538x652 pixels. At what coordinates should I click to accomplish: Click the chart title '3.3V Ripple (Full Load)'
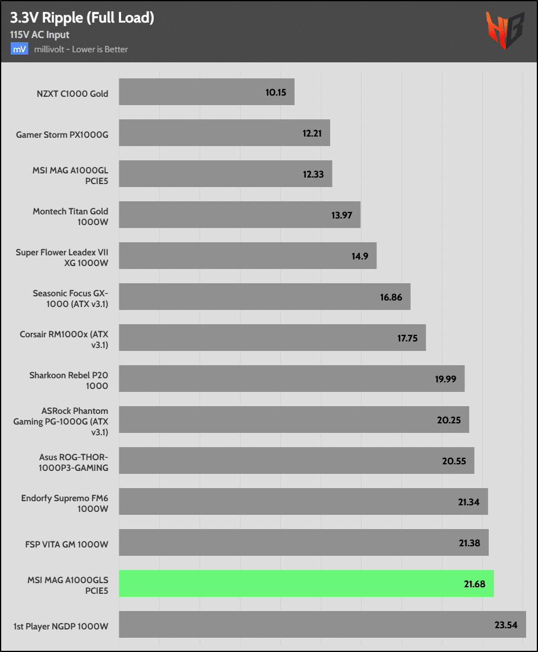pos(82,18)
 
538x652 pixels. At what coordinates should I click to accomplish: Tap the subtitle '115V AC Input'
pos(40,35)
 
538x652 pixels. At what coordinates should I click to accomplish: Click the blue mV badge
pos(18,49)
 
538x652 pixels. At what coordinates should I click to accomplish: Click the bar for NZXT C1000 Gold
pos(207,93)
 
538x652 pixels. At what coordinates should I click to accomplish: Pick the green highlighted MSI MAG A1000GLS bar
pos(306,584)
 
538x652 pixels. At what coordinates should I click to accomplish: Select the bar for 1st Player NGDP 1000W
pos(322,624)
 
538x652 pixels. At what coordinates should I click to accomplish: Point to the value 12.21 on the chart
pos(312,134)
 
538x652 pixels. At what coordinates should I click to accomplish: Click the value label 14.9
pos(360,257)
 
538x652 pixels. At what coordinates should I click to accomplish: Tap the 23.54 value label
pos(506,624)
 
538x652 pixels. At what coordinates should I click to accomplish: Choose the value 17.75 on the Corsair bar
pos(407,338)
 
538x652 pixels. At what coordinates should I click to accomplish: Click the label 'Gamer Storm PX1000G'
pos(62,134)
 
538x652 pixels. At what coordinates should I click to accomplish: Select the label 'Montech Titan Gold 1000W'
pos(70,216)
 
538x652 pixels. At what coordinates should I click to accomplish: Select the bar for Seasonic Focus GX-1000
pos(264,297)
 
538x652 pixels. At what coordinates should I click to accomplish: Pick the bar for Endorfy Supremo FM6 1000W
pos(303,502)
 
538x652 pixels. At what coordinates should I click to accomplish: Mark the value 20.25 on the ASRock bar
pos(449,420)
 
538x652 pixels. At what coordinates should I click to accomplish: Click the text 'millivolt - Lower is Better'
pos(81,49)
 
